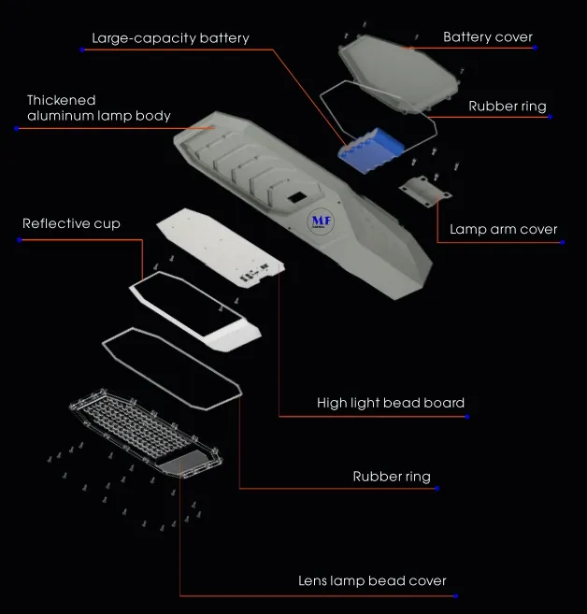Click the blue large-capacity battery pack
click(x=371, y=150)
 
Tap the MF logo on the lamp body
click(x=322, y=221)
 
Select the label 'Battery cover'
click(x=488, y=37)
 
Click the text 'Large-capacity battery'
click(x=170, y=38)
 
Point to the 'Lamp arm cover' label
click(x=503, y=230)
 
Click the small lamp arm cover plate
click(x=425, y=192)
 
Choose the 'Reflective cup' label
click(x=71, y=223)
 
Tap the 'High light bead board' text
click(x=391, y=403)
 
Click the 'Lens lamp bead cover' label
click(x=372, y=580)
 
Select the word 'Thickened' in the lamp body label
click(x=62, y=100)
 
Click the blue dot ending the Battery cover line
click(x=535, y=48)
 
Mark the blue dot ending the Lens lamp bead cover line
click(x=455, y=596)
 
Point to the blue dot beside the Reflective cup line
click(x=20, y=239)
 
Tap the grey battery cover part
click(x=398, y=74)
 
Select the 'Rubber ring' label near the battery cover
click(x=508, y=107)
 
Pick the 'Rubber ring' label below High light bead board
click(x=392, y=477)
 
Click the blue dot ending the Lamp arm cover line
click(x=563, y=242)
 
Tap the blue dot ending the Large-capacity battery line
click(x=82, y=50)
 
